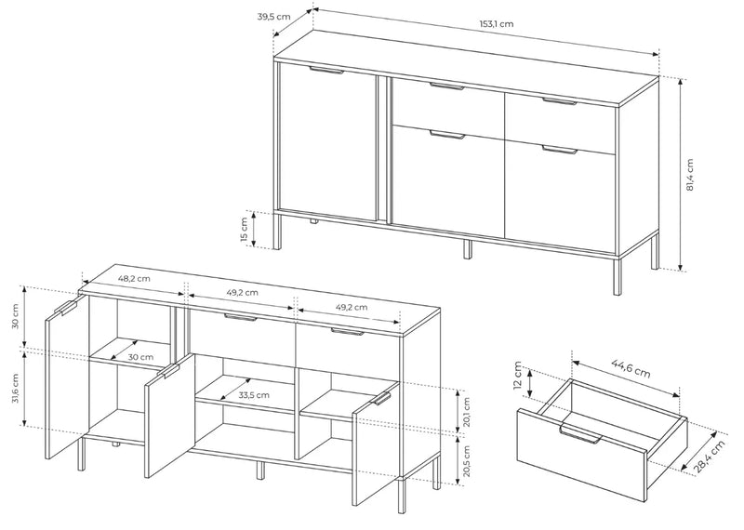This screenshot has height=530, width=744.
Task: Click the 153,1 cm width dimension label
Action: pos(497,24)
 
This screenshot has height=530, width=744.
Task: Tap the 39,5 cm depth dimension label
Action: pos(273,17)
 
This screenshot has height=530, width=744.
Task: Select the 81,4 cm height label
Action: pos(689,175)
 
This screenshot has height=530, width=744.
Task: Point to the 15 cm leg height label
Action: pos(245,230)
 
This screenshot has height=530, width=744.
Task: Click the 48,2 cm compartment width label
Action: pos(134,279)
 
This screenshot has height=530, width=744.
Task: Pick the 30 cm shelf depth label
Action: pos(140,357)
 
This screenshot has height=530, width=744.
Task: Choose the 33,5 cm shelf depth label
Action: pos(253,395)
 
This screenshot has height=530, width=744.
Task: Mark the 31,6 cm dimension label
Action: pos(15,388)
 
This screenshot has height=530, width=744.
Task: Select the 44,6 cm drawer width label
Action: pos(631,368)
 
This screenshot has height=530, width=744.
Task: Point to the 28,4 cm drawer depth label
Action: pos(710,457)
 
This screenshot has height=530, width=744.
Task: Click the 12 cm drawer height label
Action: pos(518,375)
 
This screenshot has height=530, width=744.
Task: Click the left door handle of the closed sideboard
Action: pos(326,71)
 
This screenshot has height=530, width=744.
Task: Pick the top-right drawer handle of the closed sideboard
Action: pos(560,101)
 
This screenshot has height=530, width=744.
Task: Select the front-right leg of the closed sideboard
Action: pos(617,277)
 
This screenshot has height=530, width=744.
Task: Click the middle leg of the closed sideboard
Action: pos(468,249)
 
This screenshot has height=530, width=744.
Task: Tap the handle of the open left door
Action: pos(66,308)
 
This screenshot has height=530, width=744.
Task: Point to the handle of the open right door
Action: pos(382,399)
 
